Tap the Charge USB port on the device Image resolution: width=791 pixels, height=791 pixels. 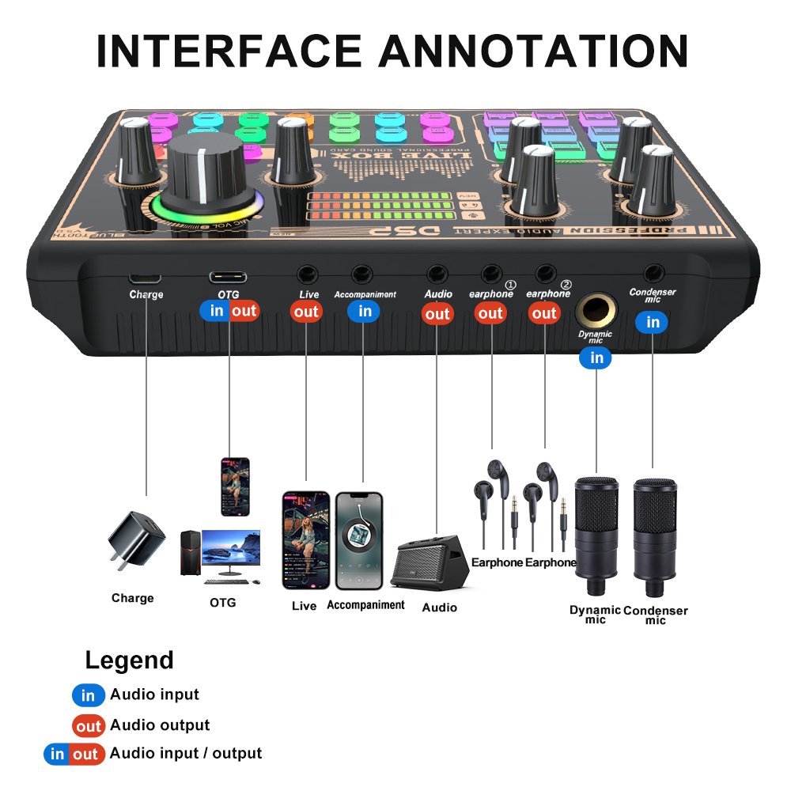(x=146, y=278)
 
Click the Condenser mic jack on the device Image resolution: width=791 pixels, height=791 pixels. (x=653, y=274)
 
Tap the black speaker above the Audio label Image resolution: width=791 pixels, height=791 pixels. (x=432, y=562)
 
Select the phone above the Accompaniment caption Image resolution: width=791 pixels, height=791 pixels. (x=359, y=540)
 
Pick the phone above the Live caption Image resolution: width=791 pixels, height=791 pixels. (x=305, y=540)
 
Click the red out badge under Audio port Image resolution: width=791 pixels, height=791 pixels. (x=437, y=314)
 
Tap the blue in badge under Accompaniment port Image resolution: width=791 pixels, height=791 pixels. (x=364, y=311)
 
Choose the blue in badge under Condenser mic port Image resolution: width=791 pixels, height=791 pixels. (x=653, y=322)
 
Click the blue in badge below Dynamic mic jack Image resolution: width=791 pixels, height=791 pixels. (x=596, y=358)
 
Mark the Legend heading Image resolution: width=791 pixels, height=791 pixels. (x=129, y=660)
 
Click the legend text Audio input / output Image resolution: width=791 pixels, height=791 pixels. (x=186, y=753)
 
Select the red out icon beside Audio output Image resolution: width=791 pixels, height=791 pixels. (x=89, y=725)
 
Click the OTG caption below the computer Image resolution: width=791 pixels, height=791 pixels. (x=222, y=603)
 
